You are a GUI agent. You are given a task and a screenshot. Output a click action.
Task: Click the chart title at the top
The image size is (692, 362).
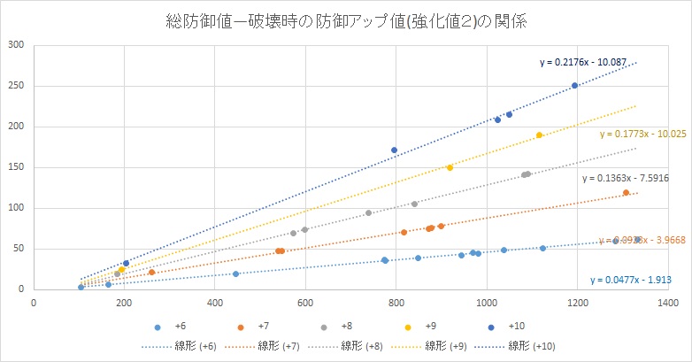346,19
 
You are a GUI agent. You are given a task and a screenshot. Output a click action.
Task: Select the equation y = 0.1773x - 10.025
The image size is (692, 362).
643,135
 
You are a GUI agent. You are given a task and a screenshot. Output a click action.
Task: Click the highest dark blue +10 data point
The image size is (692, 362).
574,86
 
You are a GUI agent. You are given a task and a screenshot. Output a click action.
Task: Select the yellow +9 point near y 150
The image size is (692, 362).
450,167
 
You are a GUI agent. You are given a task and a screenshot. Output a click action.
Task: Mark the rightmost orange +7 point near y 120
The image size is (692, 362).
626,192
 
